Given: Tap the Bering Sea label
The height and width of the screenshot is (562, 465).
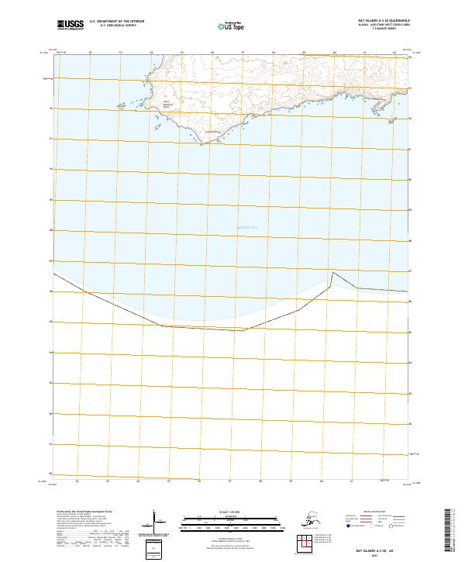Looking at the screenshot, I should coord(246,226).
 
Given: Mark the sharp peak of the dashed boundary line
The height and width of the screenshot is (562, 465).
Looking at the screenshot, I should coord(333,272).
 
